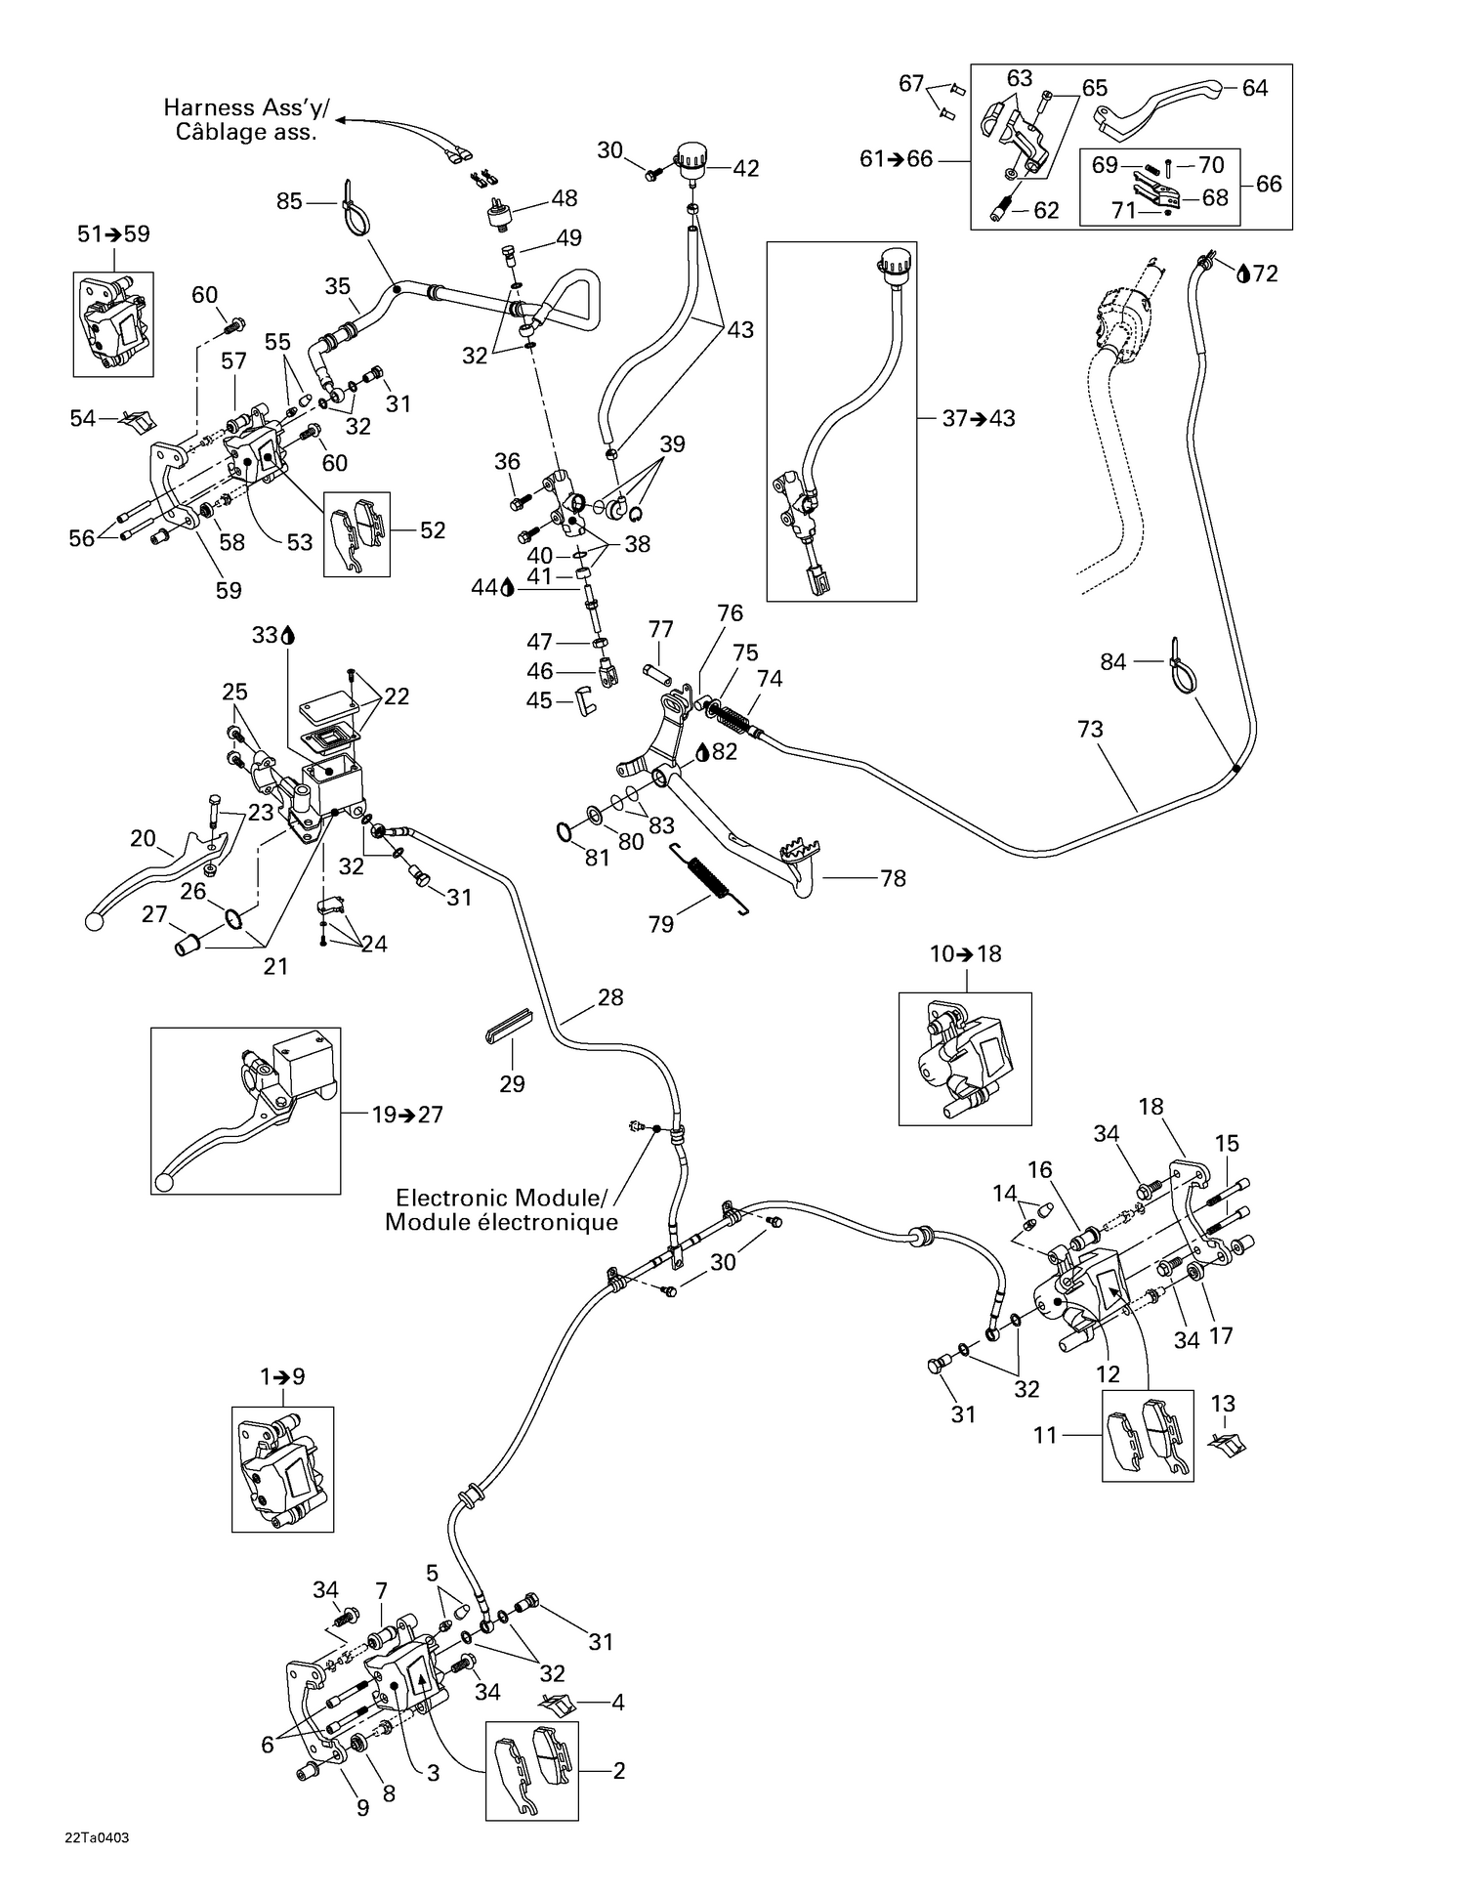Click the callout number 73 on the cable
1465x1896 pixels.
[1090, 729]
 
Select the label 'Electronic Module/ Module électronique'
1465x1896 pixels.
[501, 1210]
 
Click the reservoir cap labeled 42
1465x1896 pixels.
[691, 160]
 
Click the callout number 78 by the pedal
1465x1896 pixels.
[893, 878]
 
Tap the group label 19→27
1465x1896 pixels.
[407, 1115]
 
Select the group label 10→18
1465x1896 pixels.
[965, 953]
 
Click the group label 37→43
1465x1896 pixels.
[979, 418]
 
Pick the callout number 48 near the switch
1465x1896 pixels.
[565, 198]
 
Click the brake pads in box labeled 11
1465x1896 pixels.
[1149, 1435]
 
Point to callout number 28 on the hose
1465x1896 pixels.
[610, 997]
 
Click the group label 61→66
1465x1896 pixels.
[896, 159]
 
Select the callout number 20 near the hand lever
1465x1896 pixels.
[144, 838]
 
